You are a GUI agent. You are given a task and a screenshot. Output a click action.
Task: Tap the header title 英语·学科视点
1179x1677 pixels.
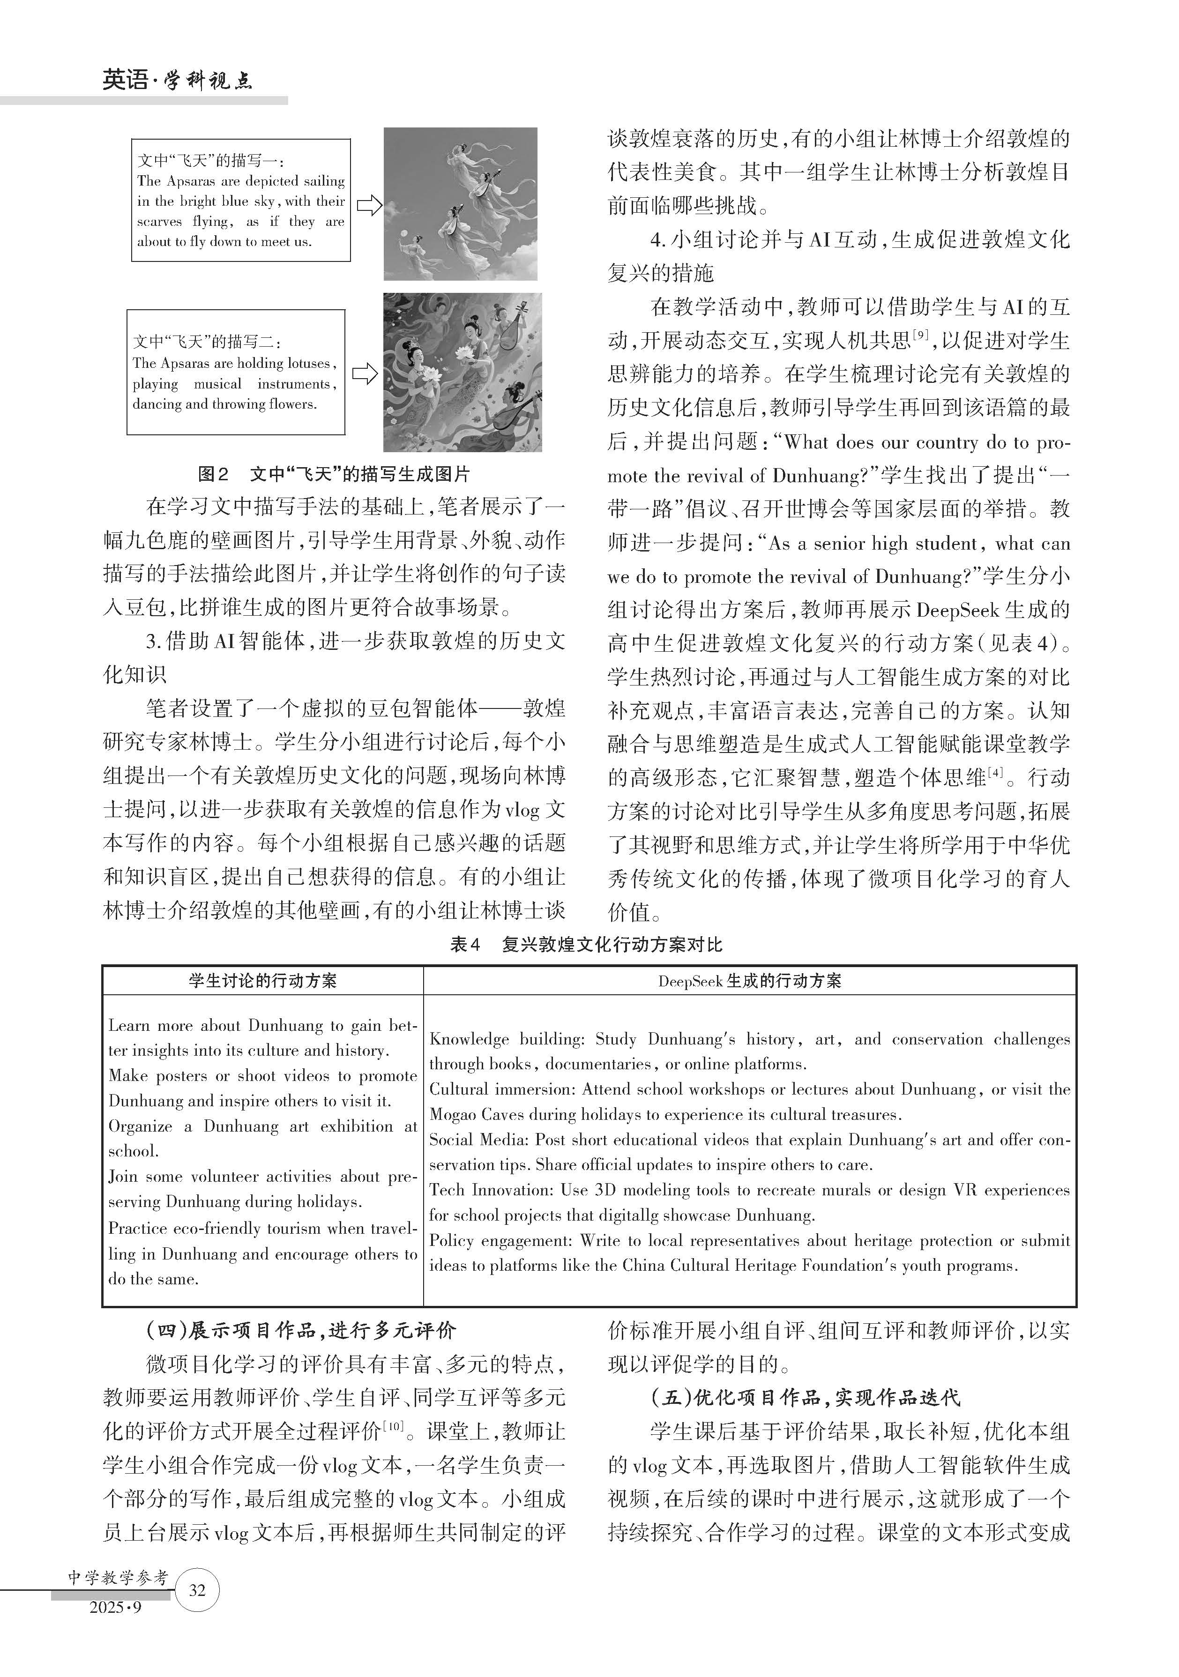point(178,80)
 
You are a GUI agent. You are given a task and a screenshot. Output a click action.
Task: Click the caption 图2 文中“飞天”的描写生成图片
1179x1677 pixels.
point(334,474)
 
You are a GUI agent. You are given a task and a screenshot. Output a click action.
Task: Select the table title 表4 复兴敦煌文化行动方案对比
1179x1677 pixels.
point(586,945)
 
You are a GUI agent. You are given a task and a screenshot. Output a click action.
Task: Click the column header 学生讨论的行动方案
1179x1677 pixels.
point(262,981)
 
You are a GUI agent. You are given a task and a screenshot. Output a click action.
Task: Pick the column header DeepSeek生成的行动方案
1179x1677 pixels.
point(749,981)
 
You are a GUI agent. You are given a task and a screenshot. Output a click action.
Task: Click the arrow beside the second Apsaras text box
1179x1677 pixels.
point(365,375)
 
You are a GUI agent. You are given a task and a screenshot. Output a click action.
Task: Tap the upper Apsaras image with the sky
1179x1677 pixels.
point(460,204)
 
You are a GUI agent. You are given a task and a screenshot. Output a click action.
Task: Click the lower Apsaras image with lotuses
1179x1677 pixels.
point(463,373)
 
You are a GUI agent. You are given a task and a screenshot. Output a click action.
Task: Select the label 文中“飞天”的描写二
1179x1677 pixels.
point(207,341)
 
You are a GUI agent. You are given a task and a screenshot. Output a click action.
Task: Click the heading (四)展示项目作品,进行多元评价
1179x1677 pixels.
point(301,1330)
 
